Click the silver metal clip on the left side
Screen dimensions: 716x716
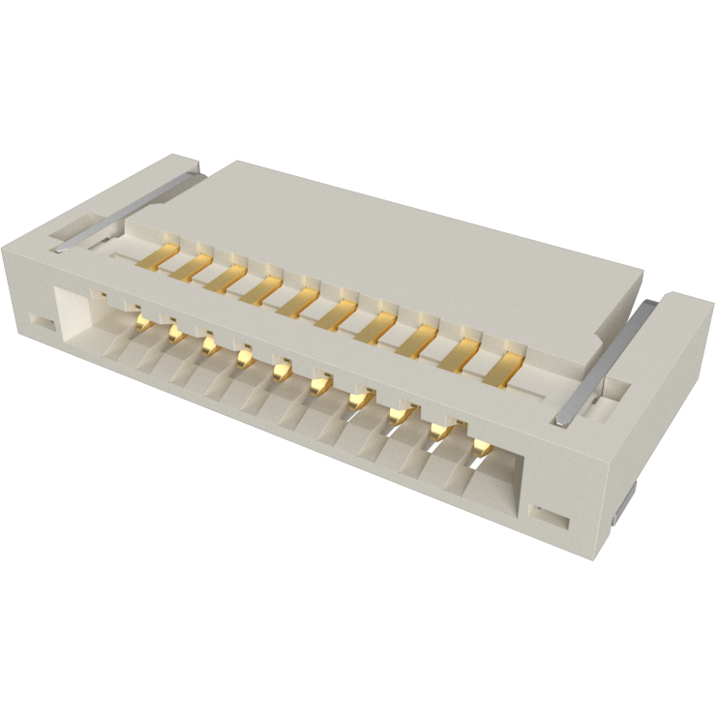click(x=126, y=211)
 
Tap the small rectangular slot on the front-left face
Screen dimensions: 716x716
click(x=40, y=319)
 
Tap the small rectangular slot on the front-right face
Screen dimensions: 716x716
click(x=552, y=513)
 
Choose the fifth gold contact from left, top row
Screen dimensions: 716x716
click(x=296, y=304)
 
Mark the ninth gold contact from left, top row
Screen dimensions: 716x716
click(x=458, y=359)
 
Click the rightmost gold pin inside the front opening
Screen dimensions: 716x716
click(x=480, y=446)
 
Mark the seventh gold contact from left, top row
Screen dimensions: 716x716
click(x=373, y=329)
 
